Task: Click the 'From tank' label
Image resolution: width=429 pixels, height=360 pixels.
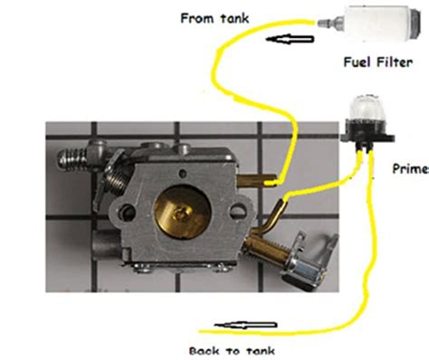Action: point(214,18)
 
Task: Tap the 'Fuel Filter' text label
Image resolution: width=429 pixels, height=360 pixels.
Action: point(378,62)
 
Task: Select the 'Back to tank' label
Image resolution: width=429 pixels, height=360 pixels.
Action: point(232,351)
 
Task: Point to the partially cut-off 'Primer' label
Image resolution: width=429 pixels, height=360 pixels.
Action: point(411,168)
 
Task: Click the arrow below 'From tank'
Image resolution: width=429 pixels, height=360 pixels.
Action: point(290,39)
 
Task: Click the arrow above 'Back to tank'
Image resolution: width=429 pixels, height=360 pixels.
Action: point(245,325)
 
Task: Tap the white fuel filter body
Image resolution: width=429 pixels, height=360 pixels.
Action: point(382,23)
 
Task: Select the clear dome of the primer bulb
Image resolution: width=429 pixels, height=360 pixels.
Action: point(364,107)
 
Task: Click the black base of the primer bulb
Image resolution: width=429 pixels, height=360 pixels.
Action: point(367,135)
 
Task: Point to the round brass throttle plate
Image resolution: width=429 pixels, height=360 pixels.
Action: point(182,213)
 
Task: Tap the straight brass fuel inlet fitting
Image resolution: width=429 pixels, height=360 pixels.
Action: point(255,181)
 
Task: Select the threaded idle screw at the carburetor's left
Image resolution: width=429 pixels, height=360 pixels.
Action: point(72,159)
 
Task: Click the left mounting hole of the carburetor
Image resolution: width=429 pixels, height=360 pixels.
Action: point(128,212)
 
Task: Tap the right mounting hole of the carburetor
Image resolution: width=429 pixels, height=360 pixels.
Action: point(238,211)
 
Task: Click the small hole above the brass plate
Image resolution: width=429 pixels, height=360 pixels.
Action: point(182,173)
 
